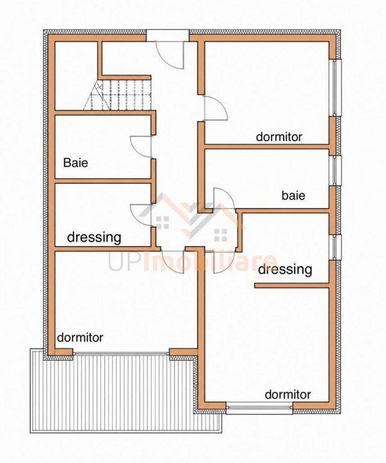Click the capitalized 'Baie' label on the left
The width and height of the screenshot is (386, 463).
point(76,163)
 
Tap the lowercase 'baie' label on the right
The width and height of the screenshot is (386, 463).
point(293,195)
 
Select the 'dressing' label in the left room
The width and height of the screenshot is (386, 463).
point(95,237)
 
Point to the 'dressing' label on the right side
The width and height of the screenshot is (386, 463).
point(285,269)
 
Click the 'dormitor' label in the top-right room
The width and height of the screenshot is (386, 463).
point(279,137)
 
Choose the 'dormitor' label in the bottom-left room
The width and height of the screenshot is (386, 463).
point(80,337)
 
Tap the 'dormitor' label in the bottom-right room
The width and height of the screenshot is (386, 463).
point(288,394)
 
